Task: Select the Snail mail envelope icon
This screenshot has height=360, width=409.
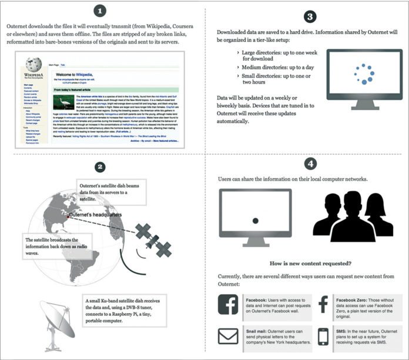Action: (x=227, y=336)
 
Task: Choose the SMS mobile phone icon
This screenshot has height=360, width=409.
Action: (x=322, y=336)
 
